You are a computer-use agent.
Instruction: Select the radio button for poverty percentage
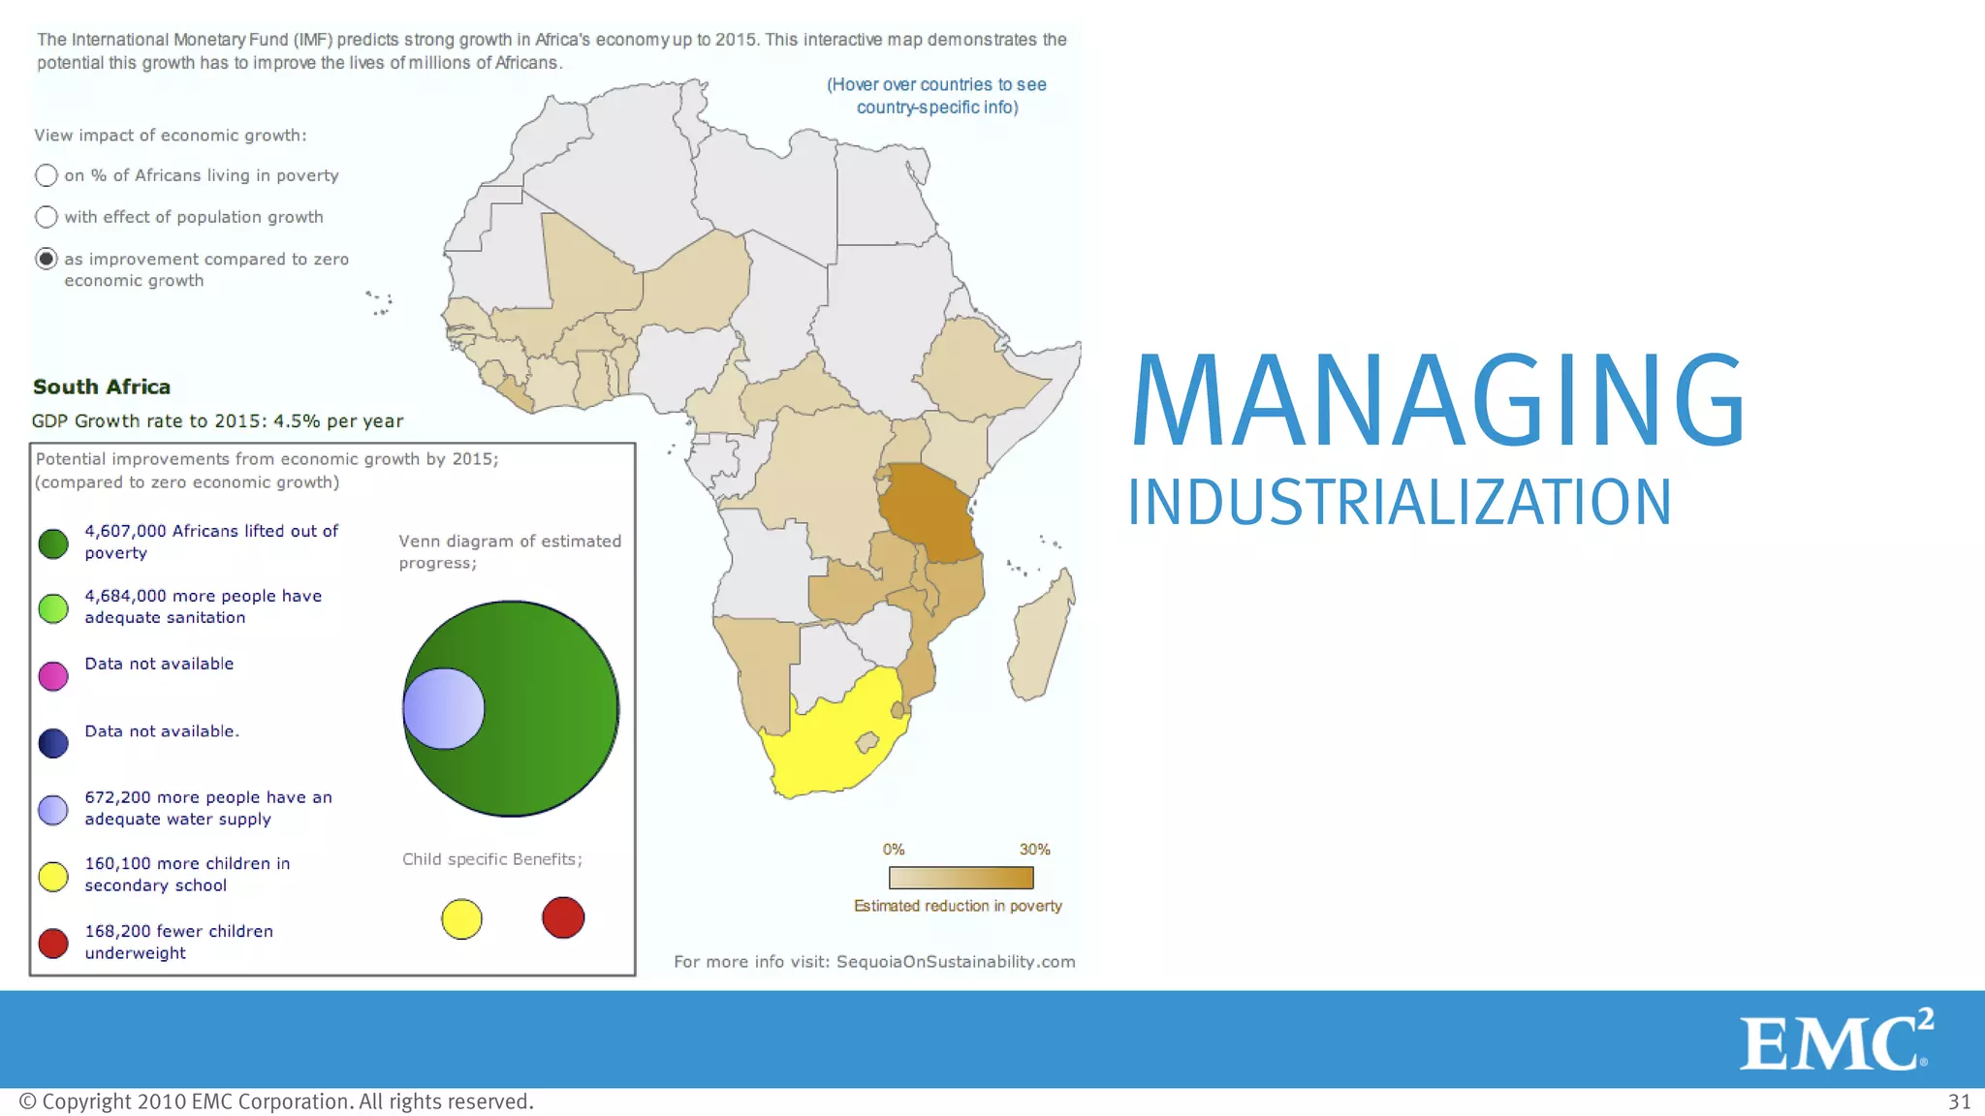point(46,175)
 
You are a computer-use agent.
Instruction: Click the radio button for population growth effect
point(46,217)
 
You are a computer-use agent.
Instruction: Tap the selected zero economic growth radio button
point(46,259)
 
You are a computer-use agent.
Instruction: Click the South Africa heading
point(102,387)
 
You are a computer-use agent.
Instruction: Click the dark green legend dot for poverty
point(53,543)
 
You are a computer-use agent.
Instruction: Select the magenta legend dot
point(53,675)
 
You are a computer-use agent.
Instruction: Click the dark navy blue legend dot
point(53,743)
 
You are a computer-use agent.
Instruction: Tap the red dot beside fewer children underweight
point(53,943)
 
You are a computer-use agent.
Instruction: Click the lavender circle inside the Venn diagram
point(443,709)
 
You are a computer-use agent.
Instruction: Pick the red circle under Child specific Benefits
point(563,917)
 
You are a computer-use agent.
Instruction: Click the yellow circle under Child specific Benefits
point(461,918)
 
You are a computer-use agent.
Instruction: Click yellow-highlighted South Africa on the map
point(824,746)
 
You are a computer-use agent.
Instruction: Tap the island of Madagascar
point(1042,635)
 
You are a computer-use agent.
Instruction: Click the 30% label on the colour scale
point(1034,850)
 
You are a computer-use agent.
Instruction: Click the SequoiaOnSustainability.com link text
point(955,962)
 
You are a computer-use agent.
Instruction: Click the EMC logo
point(1835,1040)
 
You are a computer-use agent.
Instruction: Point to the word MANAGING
point(1438,401)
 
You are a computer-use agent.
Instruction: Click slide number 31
point(1959,1101)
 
